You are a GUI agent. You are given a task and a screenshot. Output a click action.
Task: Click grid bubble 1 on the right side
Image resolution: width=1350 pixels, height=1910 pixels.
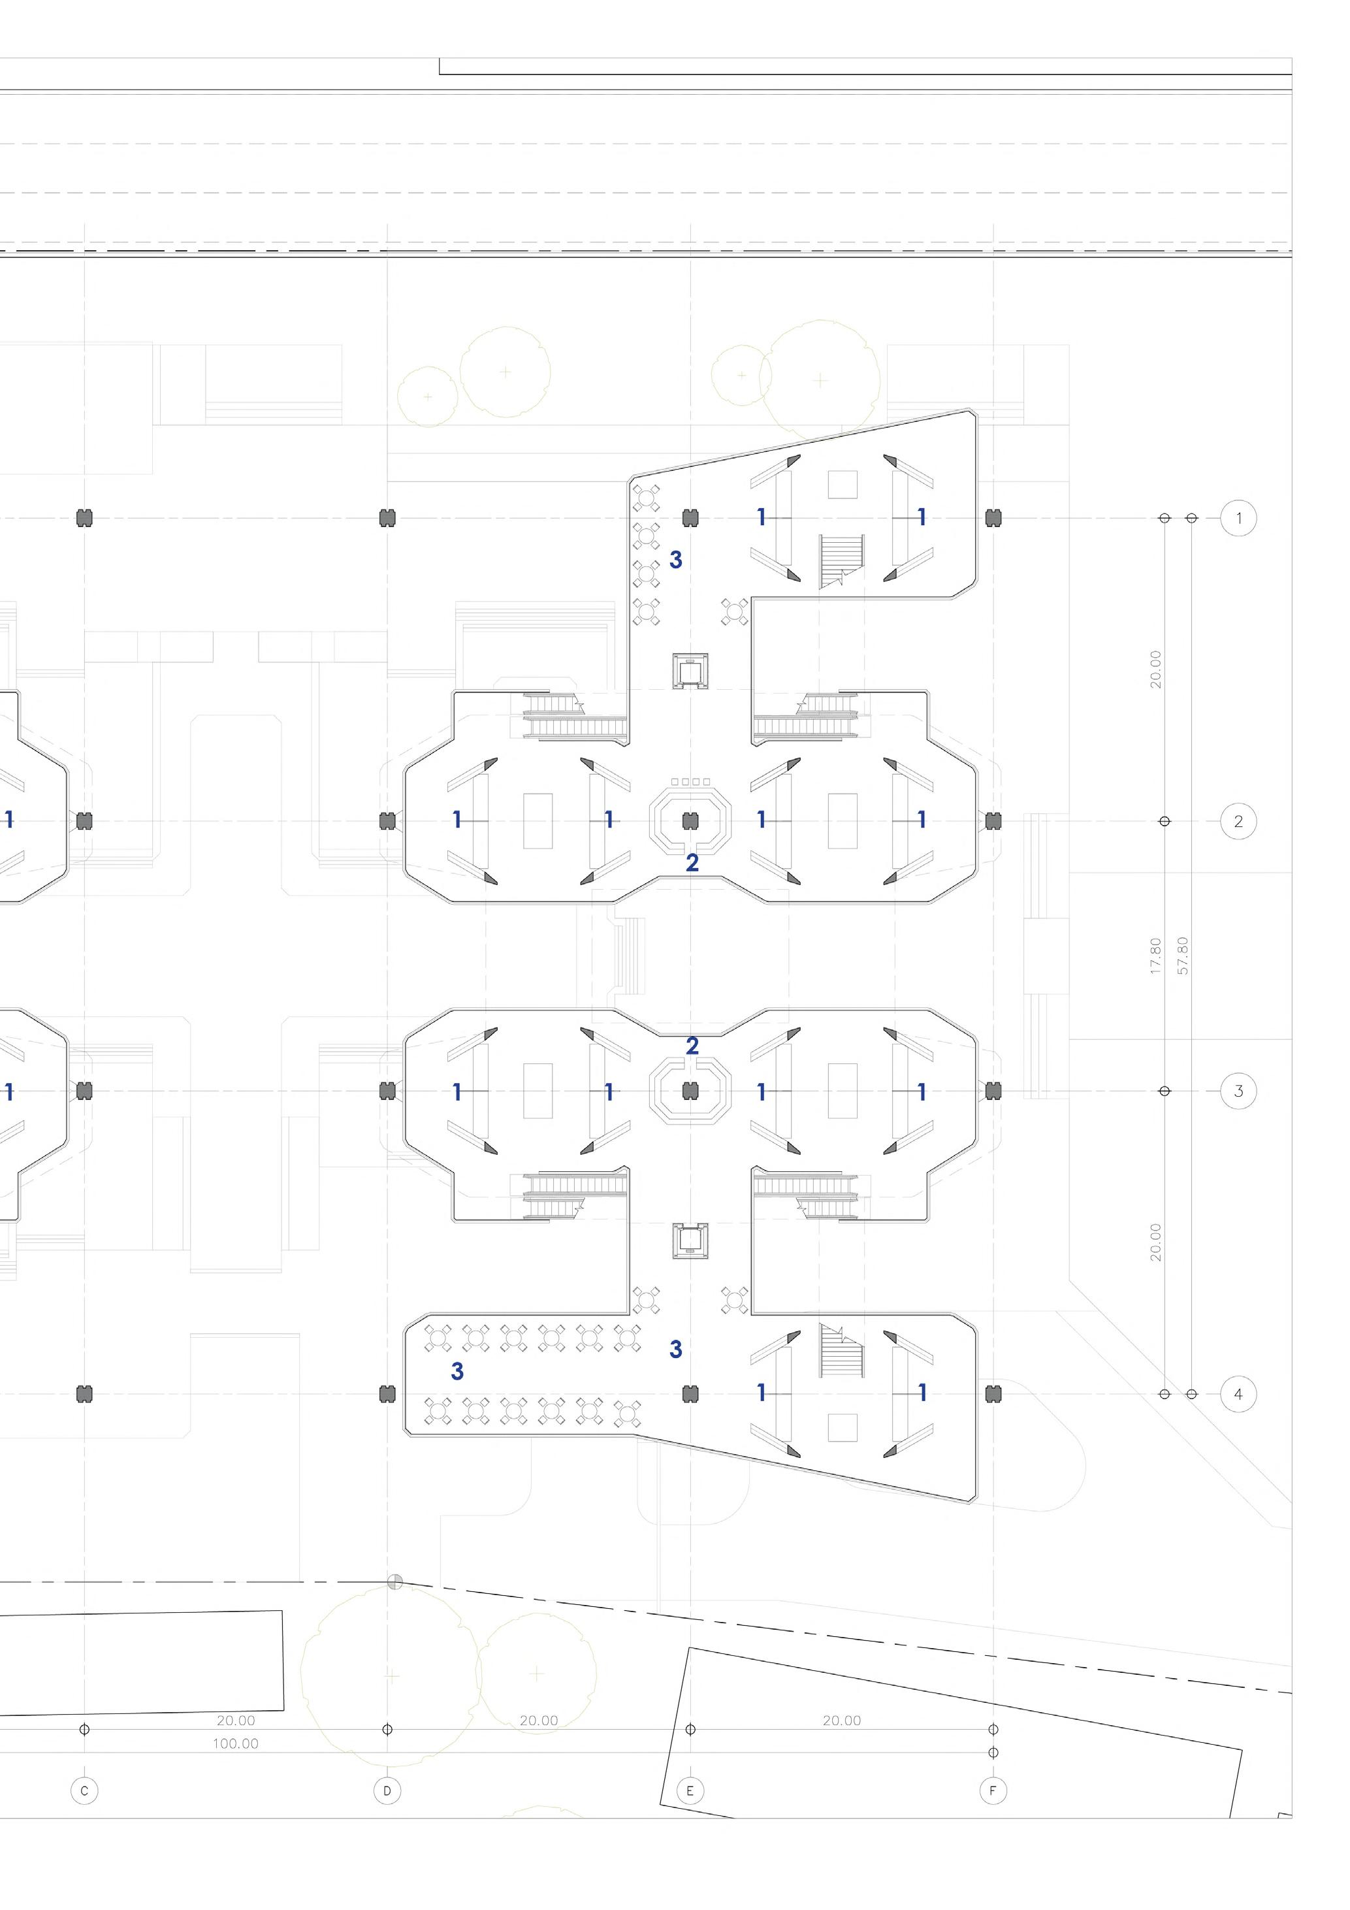(1238, 518)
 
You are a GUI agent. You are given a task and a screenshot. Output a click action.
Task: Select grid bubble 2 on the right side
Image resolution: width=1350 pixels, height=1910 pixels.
(1238, 821)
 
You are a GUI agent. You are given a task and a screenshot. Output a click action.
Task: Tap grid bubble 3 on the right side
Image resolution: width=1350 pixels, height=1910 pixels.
(1238, 1091)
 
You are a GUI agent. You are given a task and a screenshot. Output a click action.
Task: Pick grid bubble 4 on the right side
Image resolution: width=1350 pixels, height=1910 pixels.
(1238, 1393)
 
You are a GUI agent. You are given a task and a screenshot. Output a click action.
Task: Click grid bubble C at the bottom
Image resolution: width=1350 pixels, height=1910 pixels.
(84, 1791)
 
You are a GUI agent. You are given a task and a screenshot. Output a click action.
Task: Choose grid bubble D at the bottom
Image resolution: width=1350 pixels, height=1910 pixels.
(387, 1791)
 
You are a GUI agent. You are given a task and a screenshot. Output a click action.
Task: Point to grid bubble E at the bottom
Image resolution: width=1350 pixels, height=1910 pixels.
(690, 1791)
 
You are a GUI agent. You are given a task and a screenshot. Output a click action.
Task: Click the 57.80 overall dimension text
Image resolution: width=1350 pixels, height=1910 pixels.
(1183, 955)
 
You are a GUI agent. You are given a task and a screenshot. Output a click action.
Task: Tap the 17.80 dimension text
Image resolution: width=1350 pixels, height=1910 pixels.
(1155, 955)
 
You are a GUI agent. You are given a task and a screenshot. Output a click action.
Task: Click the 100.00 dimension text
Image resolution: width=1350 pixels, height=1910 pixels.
(235, 1743)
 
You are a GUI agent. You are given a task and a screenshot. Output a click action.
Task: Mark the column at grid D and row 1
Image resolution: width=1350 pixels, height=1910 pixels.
(387, 518)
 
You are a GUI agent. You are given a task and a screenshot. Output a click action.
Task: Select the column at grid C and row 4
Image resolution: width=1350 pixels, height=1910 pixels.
(84, 1393)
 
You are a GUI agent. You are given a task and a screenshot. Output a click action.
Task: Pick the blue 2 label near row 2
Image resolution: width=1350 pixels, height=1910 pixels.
(692, 864)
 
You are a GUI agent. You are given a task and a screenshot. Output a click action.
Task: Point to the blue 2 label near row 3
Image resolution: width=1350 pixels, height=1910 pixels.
(692, 1046)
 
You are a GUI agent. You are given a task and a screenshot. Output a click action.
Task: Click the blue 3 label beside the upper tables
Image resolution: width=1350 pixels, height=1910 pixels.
(675, 560)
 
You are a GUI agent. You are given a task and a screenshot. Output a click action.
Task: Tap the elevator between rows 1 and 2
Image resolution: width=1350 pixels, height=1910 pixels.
(690, 672)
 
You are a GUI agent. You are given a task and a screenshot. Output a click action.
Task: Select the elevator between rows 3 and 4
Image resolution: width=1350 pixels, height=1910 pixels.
(690, 1241)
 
